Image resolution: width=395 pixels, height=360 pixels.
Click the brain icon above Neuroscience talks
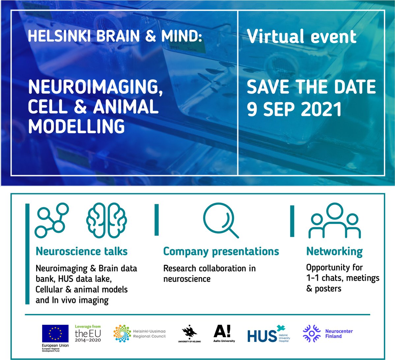pos(106,220)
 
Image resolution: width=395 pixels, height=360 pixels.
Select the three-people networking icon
pos(334,221)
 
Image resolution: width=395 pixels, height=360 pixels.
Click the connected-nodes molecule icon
pos(52,220)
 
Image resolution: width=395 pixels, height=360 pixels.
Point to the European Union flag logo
pos(55,333)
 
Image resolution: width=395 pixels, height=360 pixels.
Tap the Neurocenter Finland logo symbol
pos(311,333)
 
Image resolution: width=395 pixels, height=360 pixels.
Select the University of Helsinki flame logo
pos(189,332)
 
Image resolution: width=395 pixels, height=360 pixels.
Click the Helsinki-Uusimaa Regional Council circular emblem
pos(122,334)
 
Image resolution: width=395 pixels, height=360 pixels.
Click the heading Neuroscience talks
pos(81,251)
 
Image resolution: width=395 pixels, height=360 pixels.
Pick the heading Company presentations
pos(221,251)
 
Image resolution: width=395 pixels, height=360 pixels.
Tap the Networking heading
pos(334,251)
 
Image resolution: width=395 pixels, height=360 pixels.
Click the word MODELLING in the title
pos(76,126)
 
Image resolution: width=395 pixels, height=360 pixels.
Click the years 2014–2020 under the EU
pos(88,340)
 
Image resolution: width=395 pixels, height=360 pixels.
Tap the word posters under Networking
pos(328,289)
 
